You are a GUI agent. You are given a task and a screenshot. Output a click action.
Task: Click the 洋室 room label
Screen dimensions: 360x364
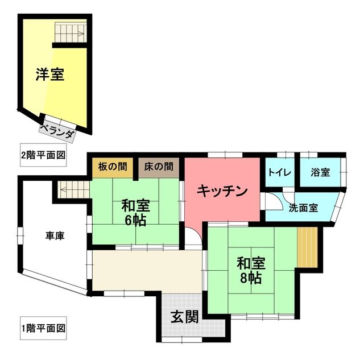pos(49,75)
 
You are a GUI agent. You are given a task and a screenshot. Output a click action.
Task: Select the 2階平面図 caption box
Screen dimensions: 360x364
pos(43,154)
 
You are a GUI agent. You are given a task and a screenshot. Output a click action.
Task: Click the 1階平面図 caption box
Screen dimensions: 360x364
pos(43,328)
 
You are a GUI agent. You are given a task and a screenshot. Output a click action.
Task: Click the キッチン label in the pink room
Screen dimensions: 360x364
pos(222,191)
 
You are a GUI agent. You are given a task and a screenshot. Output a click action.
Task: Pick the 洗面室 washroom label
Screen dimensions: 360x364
pos(303,208)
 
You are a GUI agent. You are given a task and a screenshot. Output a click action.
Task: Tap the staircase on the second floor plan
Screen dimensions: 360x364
pos(70,31)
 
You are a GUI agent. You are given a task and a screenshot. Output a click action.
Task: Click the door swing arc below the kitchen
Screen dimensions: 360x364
pos(193,236)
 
